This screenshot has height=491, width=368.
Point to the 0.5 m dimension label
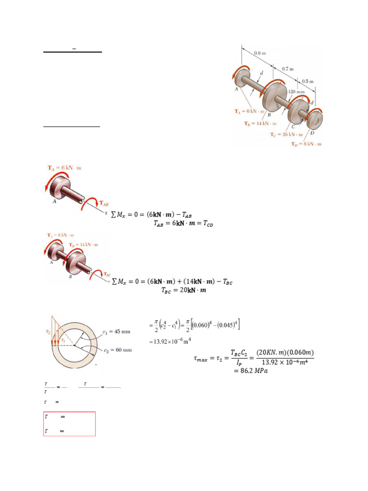coord(308,81)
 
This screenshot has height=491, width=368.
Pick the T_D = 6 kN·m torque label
coord(307,144)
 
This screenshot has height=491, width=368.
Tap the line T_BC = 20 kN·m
coord(181,290)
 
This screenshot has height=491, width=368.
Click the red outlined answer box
coord(69,424)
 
